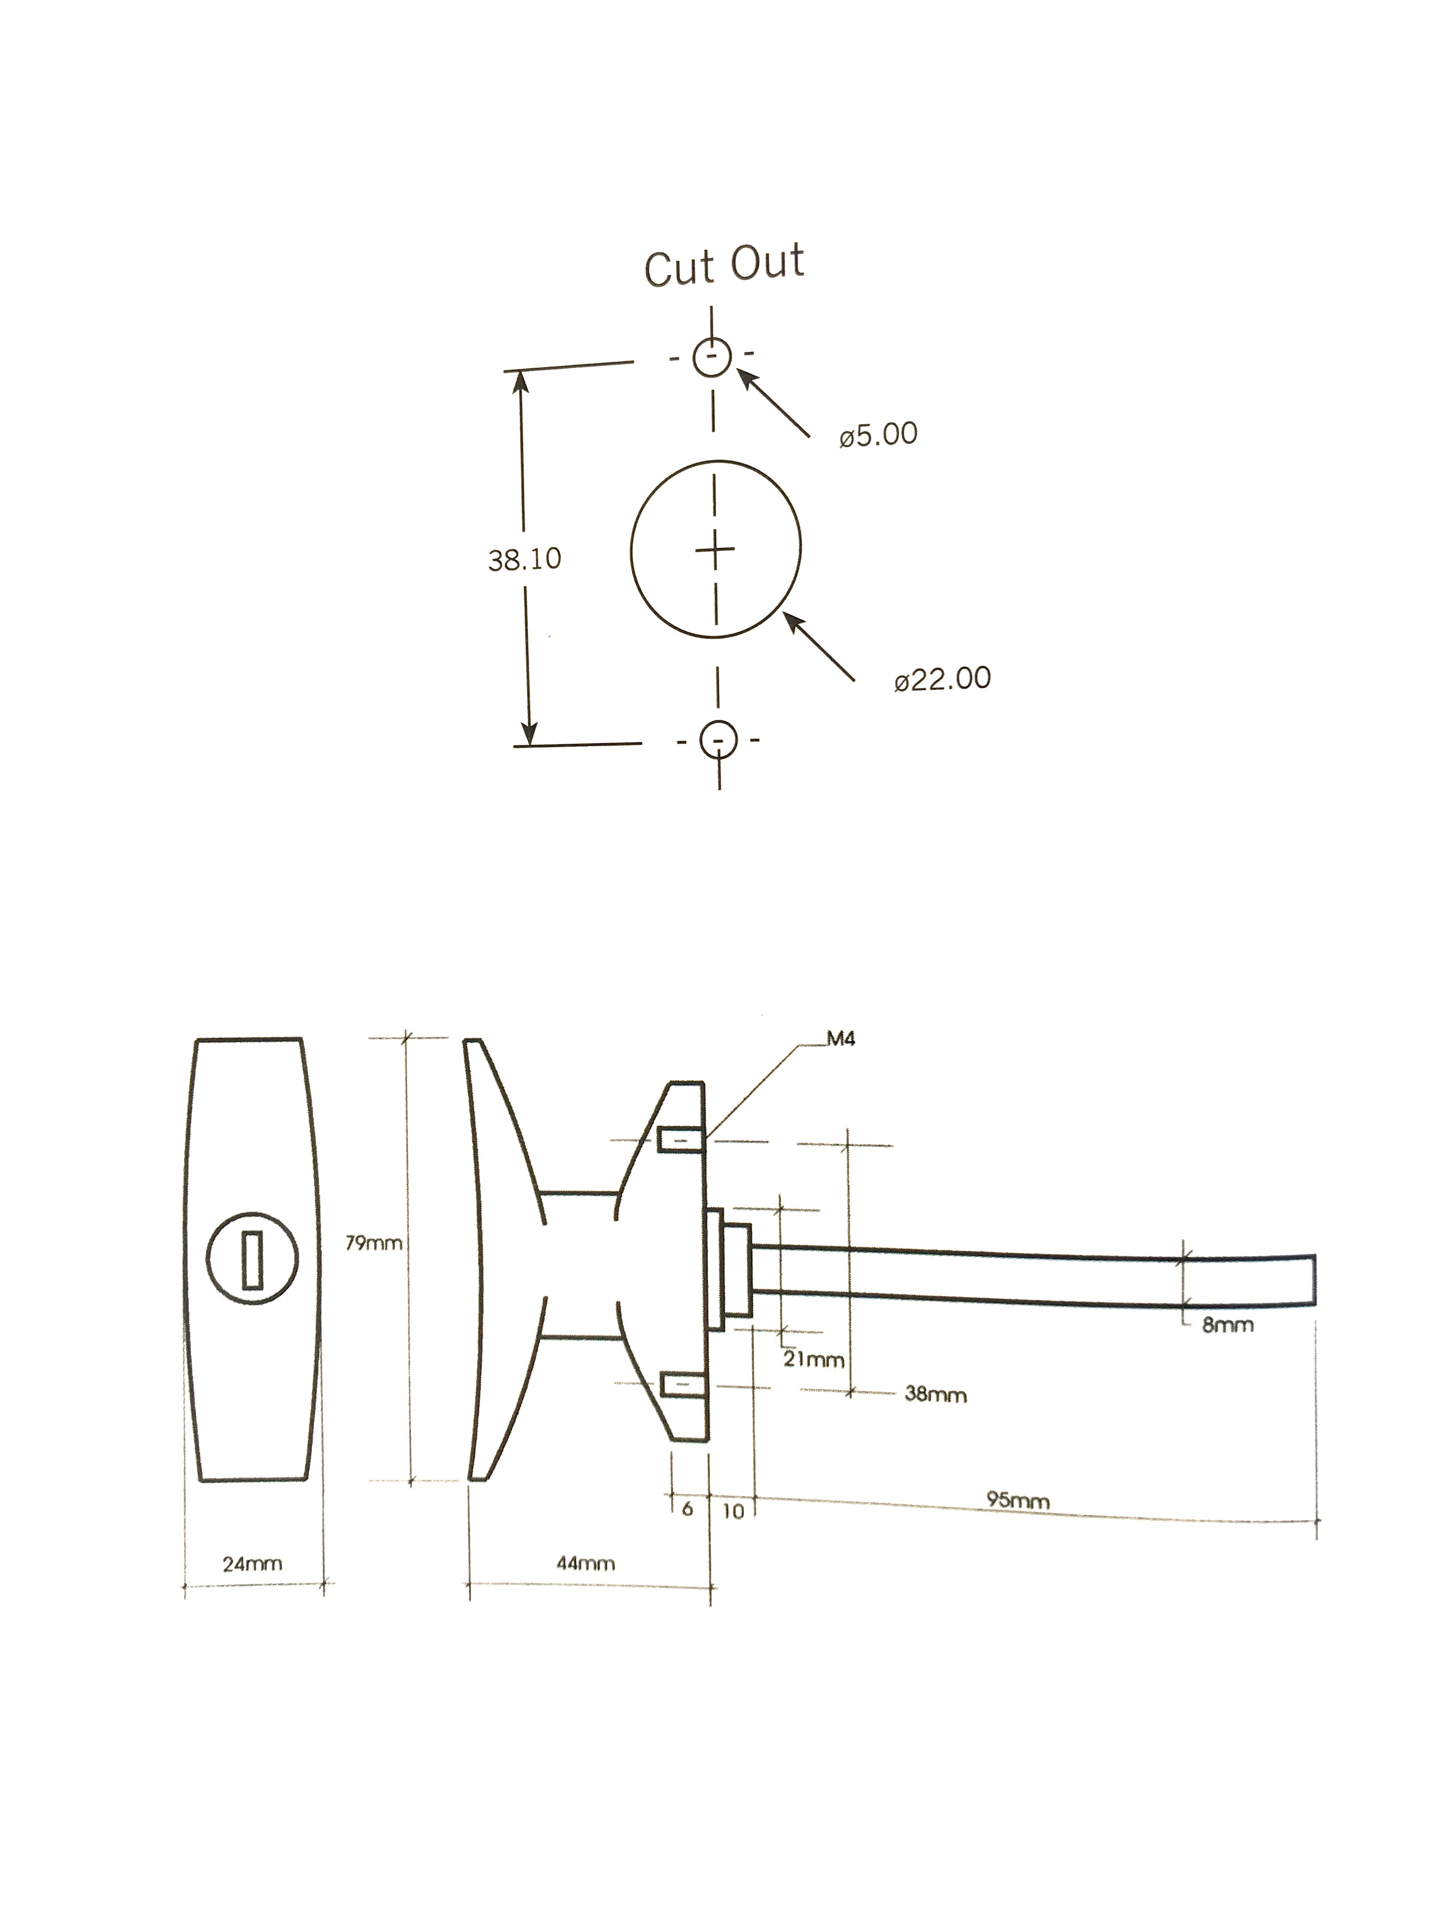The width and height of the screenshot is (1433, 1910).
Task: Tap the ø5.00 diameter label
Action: click(878, 434)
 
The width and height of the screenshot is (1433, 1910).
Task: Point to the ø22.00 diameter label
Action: click(943, 679)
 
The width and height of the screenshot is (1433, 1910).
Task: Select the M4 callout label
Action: click(841, 1039)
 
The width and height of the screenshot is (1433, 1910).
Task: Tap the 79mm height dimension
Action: click(374, 1243)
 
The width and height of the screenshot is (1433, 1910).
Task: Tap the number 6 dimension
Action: click(688, 1508)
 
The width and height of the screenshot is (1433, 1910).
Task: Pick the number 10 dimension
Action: click(733, 1511)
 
